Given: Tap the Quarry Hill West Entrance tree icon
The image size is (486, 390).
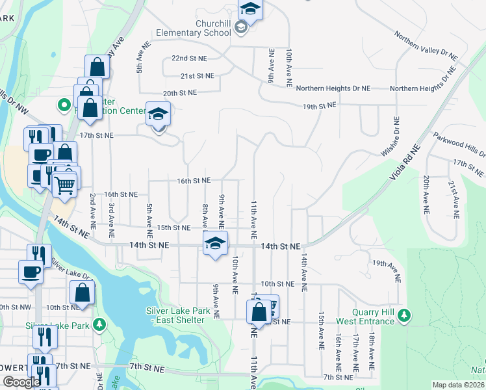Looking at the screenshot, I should click(x=404, y=316).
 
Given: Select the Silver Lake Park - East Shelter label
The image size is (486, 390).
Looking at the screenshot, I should click(x=178, y=315).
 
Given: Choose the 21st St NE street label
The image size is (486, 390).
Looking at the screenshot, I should click(x=198, y=75).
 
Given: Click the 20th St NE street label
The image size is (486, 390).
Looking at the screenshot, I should click(x=179, y=93).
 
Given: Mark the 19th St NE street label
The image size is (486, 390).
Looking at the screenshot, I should click(x=318, y=105).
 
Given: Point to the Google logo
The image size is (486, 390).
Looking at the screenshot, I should click(x=21, y=382).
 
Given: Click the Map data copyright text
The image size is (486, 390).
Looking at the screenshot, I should click(x=458, y=385).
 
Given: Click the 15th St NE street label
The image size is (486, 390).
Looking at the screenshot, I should click(x=173, y=227).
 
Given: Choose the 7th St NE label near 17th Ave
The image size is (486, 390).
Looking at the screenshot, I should click(x=337, y=377).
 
